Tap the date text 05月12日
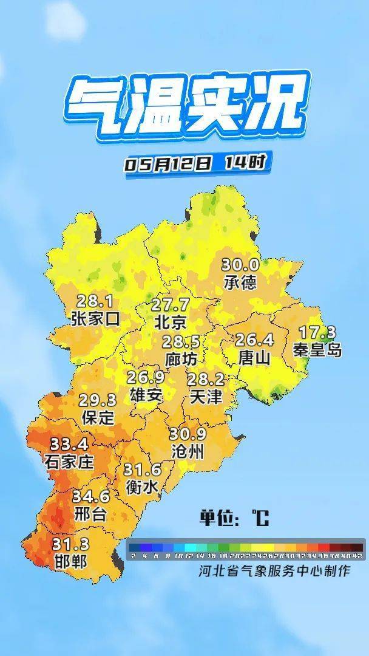(168, 164)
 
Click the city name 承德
(240, 282)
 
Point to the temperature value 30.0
(240, 265)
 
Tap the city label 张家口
(95, 318)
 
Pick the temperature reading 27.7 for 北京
(170, 304)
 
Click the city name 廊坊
(181, 359)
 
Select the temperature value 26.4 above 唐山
(255, 340)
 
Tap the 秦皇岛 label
(317, 350)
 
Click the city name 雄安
(146, 395)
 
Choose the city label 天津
(206, 397)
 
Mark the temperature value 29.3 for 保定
(98, 400)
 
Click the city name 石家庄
(69, 462)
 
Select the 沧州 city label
(188, 451)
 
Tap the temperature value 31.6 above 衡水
(142, 470)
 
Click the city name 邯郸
(71, 561)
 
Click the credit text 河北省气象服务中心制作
(274, 571)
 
